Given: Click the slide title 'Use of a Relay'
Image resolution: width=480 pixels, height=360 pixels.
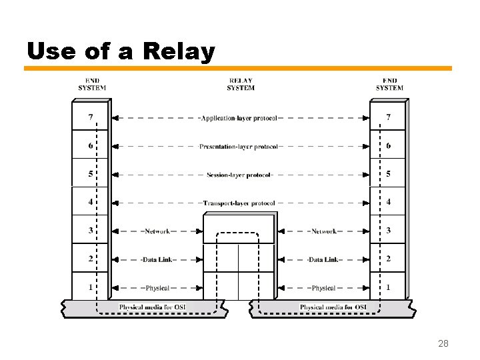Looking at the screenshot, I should [121, 51].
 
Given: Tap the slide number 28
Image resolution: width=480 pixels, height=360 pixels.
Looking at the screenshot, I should [443, 343].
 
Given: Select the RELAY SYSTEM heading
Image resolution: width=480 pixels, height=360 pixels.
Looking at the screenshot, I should [240, 84].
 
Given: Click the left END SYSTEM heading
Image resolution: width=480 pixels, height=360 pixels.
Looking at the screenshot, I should [92, 84].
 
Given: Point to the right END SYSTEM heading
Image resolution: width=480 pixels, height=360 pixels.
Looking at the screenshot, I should [389, 84].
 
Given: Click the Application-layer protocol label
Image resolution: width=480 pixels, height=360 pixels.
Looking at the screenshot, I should [239, 118].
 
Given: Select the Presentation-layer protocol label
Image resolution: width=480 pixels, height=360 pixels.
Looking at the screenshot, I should [239, 147].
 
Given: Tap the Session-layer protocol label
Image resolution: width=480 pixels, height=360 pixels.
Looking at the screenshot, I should [239, 175].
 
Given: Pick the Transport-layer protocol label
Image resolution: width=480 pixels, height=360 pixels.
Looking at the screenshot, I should [239, 203].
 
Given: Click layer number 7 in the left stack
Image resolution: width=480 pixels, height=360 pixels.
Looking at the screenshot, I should [90, 117].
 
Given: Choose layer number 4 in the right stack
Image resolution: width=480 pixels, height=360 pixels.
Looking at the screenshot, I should [389, 202].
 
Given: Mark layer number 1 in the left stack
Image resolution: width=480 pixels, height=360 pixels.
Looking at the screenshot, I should [90, 287].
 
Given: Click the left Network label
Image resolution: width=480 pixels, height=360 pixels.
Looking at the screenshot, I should [157, 231].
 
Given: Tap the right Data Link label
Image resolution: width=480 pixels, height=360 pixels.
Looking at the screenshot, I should [323, 259].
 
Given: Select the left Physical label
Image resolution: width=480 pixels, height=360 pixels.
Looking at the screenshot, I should [157, 288].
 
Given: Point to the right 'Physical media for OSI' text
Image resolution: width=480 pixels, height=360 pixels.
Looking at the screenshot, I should [333, 307].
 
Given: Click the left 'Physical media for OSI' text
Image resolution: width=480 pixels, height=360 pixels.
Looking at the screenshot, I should [152, 307].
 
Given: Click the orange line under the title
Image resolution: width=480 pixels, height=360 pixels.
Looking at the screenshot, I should [238, 68].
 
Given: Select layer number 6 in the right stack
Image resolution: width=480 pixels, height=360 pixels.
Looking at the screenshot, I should [389, 145].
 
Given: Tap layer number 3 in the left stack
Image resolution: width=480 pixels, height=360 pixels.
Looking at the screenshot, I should [90, 231].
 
